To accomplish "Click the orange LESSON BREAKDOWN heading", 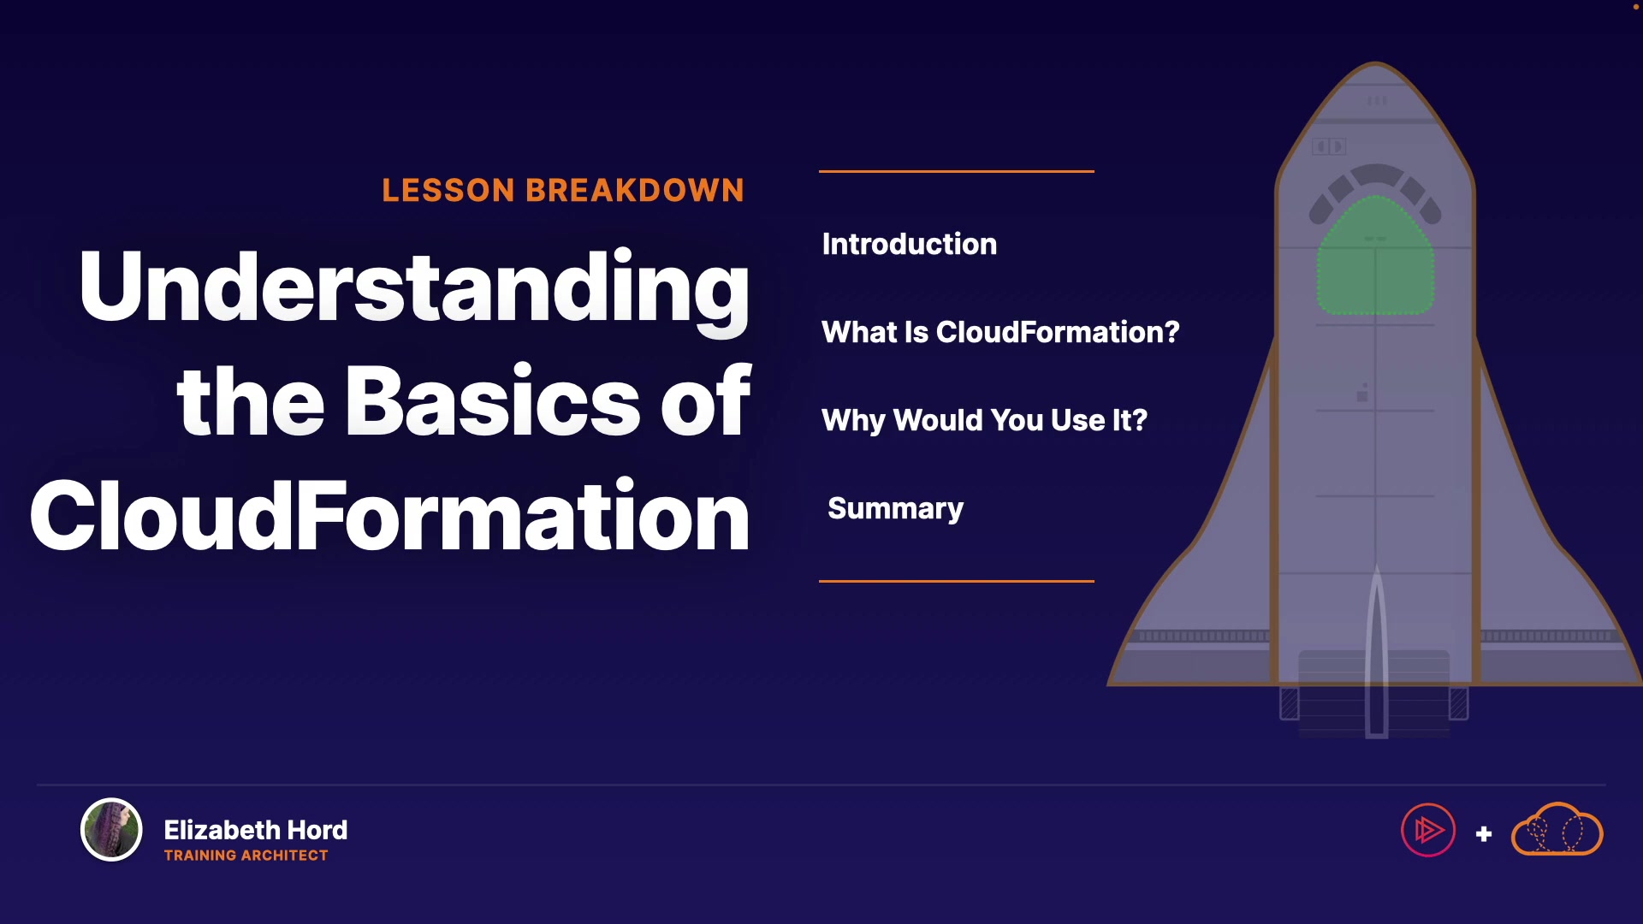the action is tap(563, 190).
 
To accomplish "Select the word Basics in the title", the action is tap(493, 401).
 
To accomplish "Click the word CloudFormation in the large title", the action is tap(389, 515).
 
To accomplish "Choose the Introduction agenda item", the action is tap(909, 245).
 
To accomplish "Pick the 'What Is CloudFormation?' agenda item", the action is tap(1000, 332).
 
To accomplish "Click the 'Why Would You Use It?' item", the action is tap(984, 420).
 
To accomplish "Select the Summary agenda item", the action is tap(895, 509).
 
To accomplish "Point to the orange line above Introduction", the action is tap(957, 171).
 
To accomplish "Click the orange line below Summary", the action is tap(957, 581).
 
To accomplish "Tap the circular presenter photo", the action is tap(111, 829).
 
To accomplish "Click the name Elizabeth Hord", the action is tap(255, 830).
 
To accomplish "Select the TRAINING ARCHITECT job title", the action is tap(246, 856).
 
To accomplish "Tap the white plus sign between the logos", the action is tap(1484, 833).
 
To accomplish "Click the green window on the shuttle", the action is tap(1375, 257).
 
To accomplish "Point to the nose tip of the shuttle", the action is tap(1376, 62).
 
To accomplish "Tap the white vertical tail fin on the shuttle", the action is tap(1376, 650).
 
